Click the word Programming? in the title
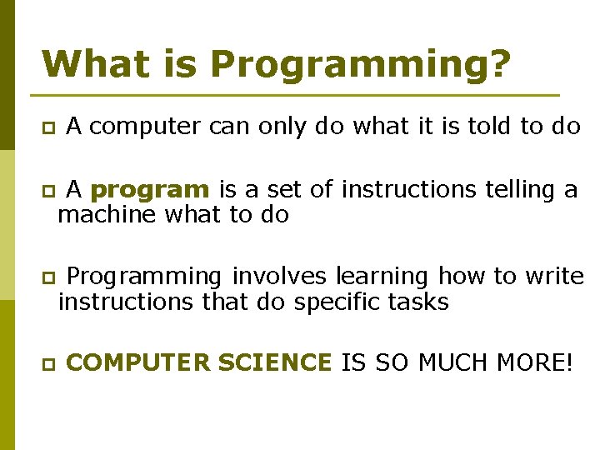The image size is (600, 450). pos(360,65)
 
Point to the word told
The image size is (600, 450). pos(484,126)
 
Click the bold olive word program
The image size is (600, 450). pos(150,191)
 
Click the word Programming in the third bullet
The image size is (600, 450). pos(143,277)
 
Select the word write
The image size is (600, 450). pos(555,276)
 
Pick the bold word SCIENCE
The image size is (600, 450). pos(274,363)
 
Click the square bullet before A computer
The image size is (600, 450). pos(48,127)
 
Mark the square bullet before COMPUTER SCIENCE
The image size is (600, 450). pos(48,364)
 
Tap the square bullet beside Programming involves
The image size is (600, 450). pos(48,277)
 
